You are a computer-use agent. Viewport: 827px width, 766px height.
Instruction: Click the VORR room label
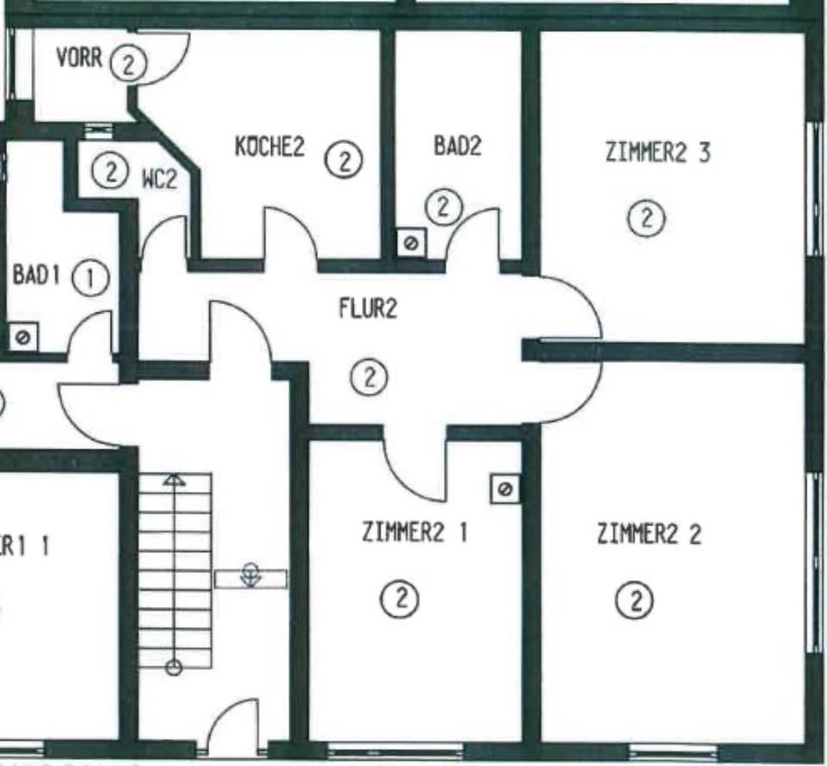79,59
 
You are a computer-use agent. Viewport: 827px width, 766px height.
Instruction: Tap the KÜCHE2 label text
270,147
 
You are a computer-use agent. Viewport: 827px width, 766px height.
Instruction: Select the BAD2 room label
457,146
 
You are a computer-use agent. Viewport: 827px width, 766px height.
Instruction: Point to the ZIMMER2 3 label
658,154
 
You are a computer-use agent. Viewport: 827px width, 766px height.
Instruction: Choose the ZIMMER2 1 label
415,533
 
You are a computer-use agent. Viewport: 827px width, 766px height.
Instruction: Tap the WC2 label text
159,180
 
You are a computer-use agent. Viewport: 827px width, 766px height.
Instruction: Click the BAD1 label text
35,276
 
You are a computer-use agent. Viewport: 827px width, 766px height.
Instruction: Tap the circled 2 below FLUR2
370,377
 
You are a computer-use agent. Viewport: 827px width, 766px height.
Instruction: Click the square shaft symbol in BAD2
411,244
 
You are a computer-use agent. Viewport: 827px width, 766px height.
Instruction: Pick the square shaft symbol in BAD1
22,337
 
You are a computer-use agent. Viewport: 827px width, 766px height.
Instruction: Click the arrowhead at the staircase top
175,480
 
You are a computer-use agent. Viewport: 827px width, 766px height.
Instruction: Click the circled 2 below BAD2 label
444,206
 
